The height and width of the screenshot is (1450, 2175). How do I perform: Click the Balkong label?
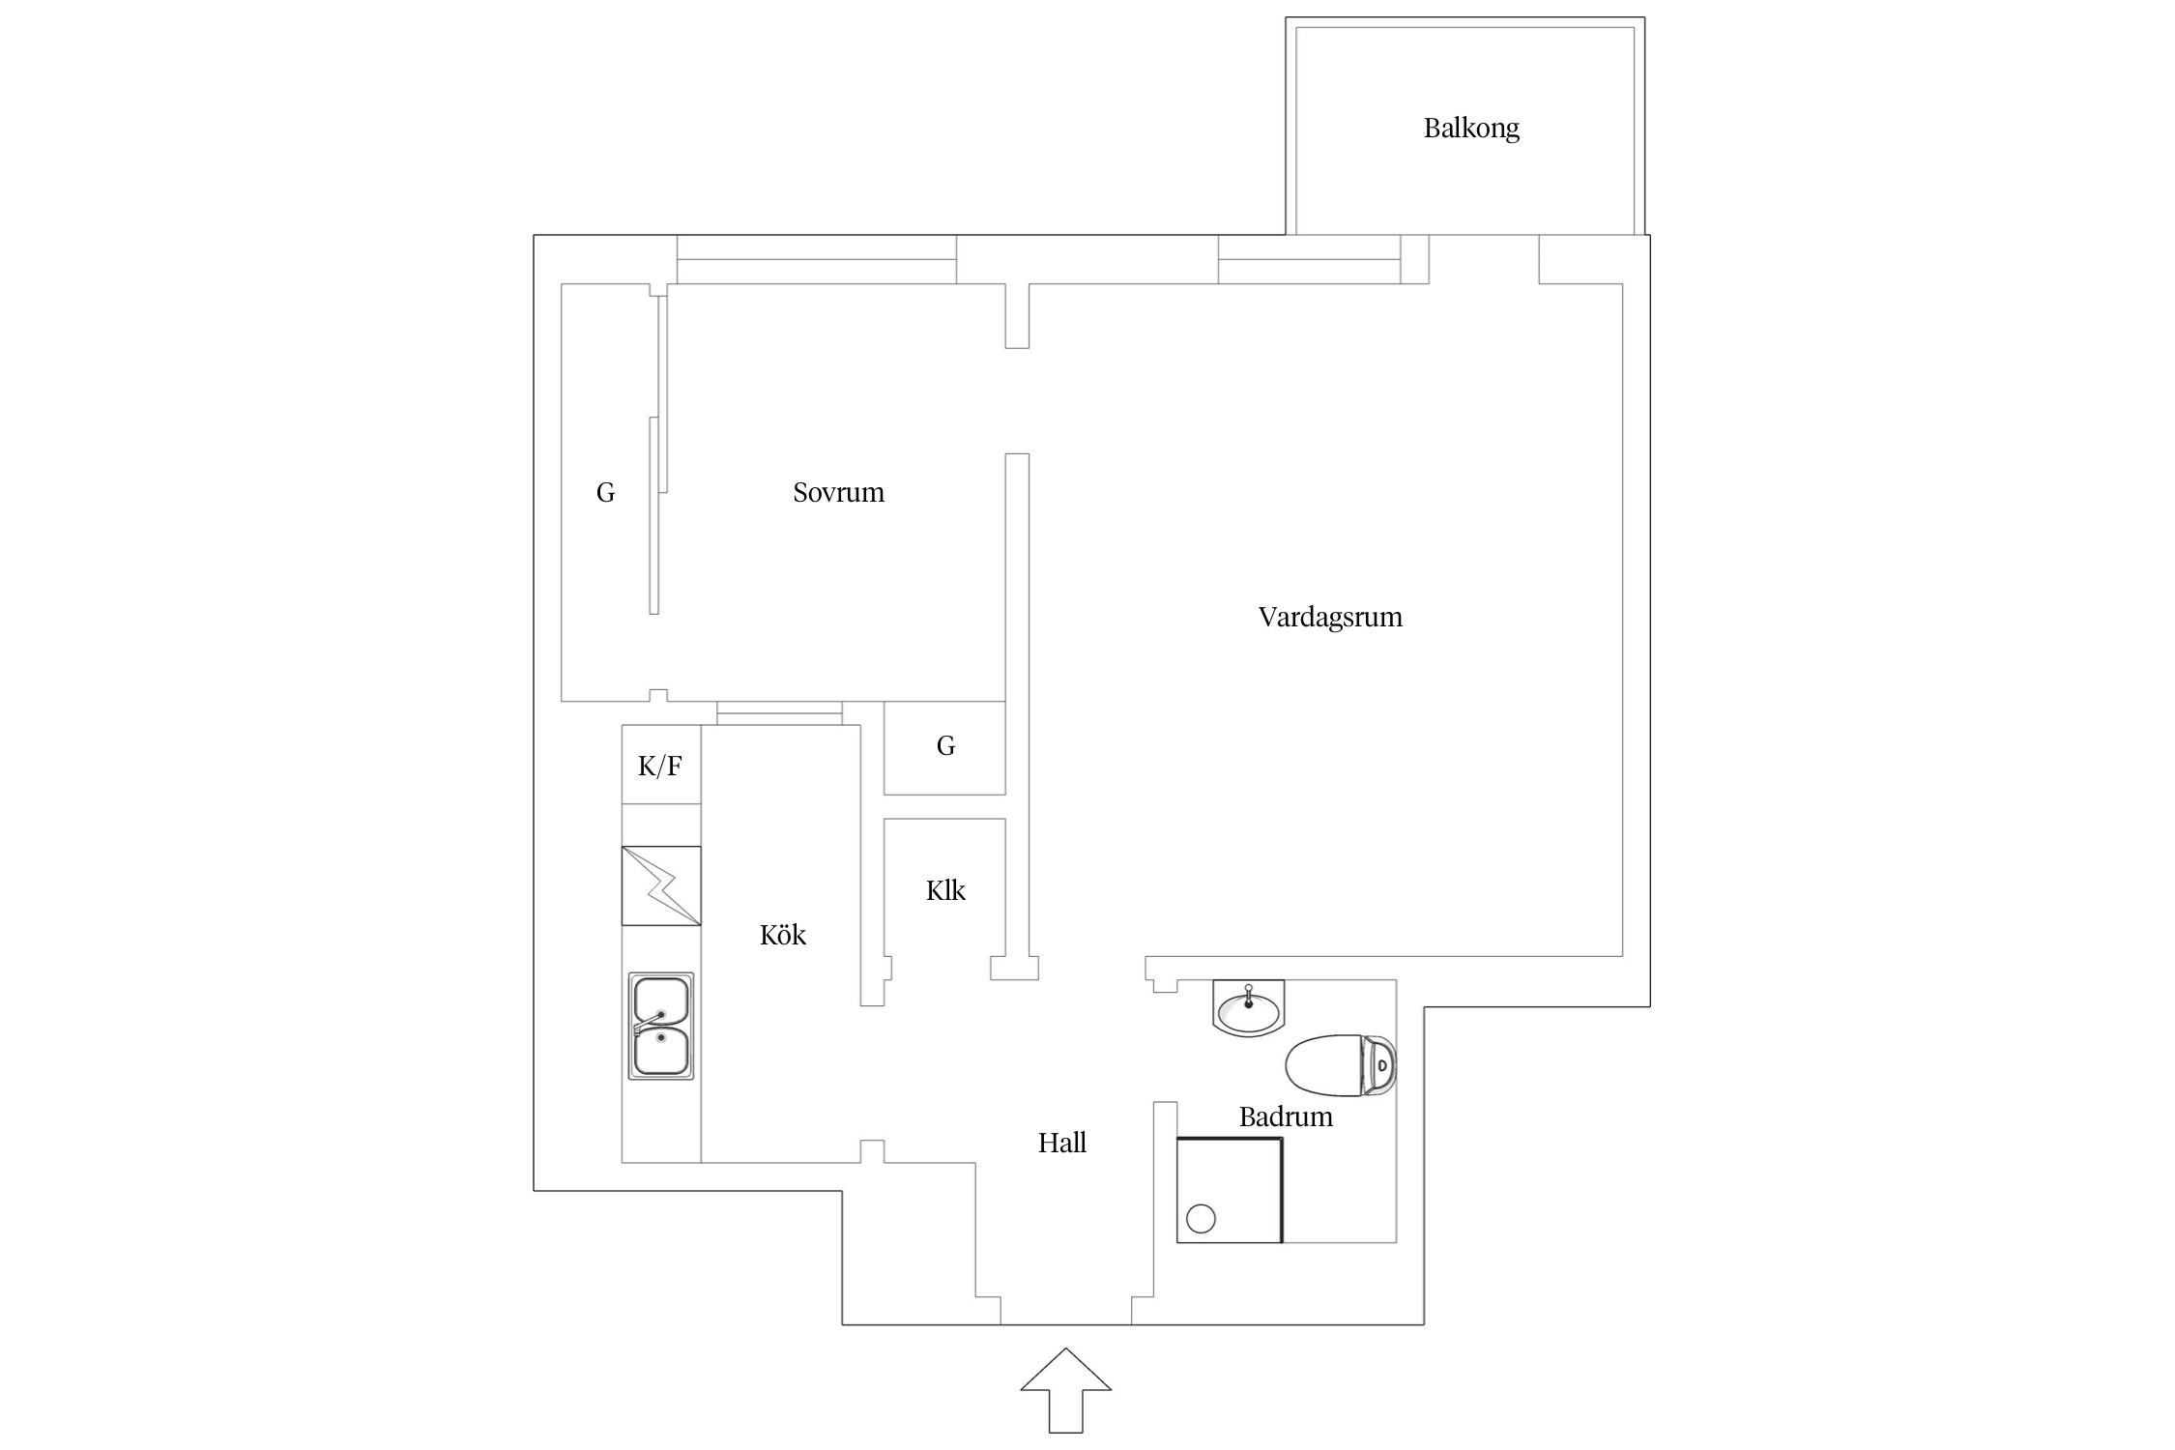(x=1470, y=129)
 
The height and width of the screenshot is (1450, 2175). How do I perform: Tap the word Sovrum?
(x=838, y=493)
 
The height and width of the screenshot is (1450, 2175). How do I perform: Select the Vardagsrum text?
(x=1329, y=618)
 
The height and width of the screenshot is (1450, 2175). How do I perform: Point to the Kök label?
(x=782, y=936)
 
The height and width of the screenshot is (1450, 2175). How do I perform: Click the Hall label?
(x=1061, y=1144)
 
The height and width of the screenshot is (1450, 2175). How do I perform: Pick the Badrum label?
(x=1285, y=1117)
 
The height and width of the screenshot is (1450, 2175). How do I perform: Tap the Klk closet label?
(x=944, y=890)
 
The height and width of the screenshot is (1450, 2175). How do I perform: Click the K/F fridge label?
(x=660, y=767)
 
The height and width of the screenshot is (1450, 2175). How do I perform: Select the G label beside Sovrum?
(x=605, y=493)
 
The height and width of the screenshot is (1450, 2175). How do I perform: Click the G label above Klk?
(x=945, y=746)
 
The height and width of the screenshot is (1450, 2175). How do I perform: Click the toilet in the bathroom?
(x=1339, y=1065)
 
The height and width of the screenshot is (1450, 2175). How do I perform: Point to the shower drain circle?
(x=1201, y=1219)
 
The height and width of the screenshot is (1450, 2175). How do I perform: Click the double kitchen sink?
(x=661, y=1026)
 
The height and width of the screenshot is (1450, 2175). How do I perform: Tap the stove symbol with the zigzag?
(x=661, y=885)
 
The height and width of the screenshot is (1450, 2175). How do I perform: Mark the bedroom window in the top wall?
(x=816, y=259)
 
